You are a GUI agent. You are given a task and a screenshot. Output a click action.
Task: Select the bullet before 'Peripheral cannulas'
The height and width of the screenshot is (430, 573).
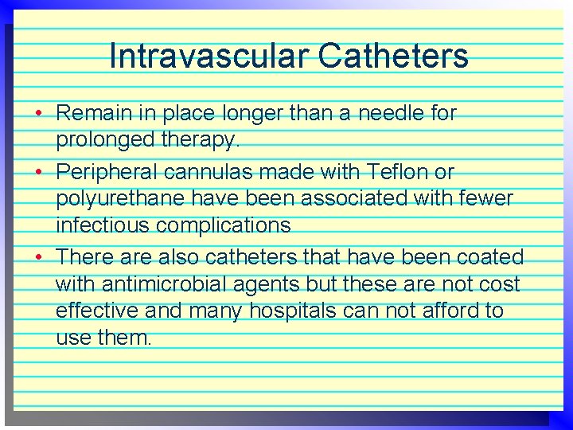pyautogui.click(x=39, y=171)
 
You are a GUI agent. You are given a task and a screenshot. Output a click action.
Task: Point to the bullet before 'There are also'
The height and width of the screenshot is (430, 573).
pyautogui.click(x=39, y=257)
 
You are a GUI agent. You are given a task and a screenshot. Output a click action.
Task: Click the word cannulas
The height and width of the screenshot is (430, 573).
pyautogui.click(x=209, y=172)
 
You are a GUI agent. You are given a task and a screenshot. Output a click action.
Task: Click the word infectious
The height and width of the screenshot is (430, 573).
pyautogui.click(x=102, y=226)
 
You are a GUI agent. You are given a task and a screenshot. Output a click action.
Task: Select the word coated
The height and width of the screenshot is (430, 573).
pyautogui.click(x=489, y=257)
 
